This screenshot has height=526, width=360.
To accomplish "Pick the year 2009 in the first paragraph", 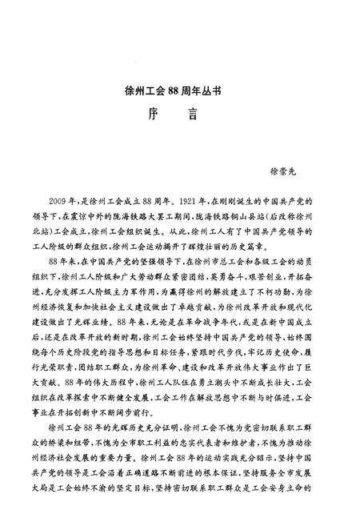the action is [x=61, y=198].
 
